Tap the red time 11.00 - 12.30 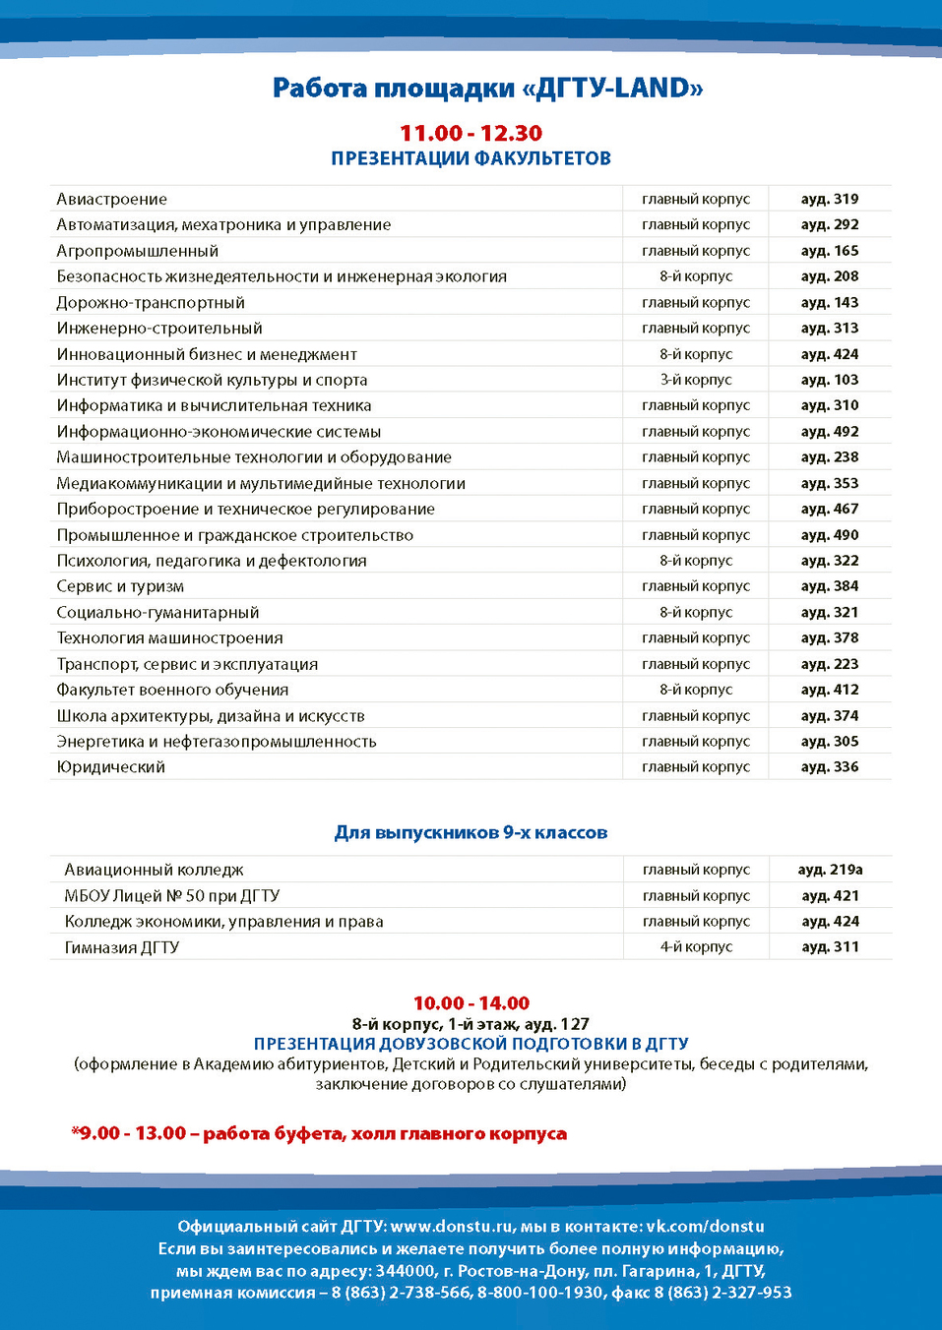tap(471, 133)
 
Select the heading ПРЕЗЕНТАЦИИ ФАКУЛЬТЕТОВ tap(471, 158)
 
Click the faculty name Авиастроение tap(111, 199)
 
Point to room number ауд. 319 tap(829, 199)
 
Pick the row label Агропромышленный tap(137, 251)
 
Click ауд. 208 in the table tap(829, 276)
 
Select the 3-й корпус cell tap(696, 380)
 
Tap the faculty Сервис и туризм tap(120, 586)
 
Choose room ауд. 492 tap(829, 431)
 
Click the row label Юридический tap(110, 767)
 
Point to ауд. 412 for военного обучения tap(829, 690)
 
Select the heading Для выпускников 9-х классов tap(471, 832)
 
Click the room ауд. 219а tap(830, 870)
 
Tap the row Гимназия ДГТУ tap(122, 947)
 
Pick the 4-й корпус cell tap(696, 947)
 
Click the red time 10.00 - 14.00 tap(471, 1003)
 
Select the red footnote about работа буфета tap(319, 1133)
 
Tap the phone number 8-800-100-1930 tap(539, 1293)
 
